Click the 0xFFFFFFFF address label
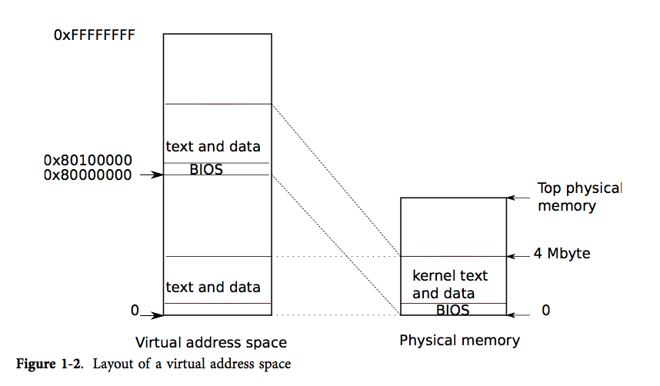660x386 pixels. [95, 36]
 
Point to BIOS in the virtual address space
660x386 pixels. [206, 170]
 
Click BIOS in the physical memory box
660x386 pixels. [452, 310]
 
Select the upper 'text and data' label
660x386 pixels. [213, 146]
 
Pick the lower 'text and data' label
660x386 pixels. [213, 288]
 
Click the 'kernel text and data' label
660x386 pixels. [450, 285]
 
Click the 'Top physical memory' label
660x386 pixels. [579, 197]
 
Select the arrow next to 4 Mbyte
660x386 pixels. [518, 255]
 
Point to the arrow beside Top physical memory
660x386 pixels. [518, 198]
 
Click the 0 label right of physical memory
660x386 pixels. [546, 311]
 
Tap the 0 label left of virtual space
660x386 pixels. [135, 311]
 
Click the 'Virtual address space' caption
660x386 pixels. [211, 342]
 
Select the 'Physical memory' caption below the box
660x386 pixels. [459, 340]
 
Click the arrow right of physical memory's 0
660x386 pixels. [518, 314]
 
